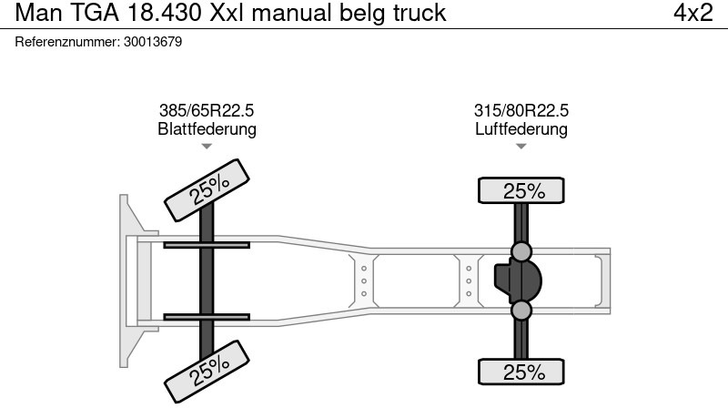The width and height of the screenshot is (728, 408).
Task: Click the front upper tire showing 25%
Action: [x=207, y=189]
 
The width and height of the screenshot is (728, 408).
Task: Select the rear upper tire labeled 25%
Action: [x=521, y=190]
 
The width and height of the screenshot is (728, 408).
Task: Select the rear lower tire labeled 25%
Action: [x=521, y=372]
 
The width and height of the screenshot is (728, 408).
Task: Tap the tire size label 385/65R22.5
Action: [x=207, y=110]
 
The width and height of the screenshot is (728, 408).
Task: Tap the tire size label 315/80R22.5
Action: [x=521, y=110]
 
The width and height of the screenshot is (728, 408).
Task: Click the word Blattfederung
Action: [x=207, y=129]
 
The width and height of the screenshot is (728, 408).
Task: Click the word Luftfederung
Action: [x=521, y=129]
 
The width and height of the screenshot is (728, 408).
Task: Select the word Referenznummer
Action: [x=66, y=42]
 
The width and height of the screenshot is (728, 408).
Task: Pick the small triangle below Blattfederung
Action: [x=207, y=147]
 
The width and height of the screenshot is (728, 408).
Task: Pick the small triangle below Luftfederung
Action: [x=521, y=147]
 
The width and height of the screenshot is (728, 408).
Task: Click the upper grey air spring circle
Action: [x=521, y=250]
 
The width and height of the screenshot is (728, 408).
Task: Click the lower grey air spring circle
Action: [x=521, y=311]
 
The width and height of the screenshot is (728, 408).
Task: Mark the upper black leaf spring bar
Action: [x=207, y=244]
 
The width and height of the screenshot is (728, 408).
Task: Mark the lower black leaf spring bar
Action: [x=207, y=316]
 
